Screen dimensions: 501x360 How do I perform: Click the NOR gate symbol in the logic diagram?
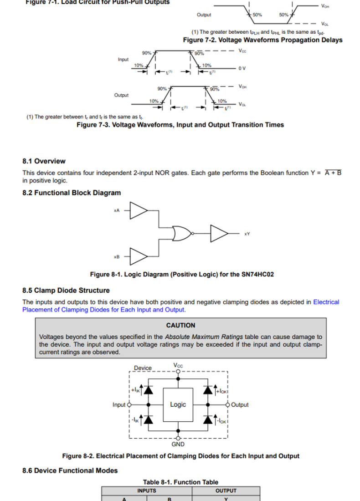(182, 233)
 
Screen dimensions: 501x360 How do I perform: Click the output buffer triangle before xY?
(219, 233)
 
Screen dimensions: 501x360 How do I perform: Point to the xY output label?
(247, 234)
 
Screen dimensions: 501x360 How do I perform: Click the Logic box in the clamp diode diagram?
(178, 404)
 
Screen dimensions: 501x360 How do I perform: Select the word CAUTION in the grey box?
(180, 325)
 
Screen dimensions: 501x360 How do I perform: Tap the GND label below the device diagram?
(178, 444)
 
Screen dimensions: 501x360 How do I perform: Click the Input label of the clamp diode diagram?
(119, 404)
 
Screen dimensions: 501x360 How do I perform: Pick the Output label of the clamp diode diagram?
(240, 404)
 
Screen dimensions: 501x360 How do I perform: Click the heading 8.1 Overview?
(44, 161)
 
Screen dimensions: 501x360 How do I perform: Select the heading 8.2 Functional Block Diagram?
(72, 193)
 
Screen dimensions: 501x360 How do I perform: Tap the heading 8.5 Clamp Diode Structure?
(66, 290)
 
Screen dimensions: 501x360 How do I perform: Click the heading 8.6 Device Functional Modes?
(70, 470)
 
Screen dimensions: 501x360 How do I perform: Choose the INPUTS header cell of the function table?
(146, 491)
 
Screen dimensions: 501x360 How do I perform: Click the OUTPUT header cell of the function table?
(226, 491)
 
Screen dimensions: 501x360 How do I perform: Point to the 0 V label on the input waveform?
(242, 68)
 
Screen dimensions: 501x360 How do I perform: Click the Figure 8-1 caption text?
(182, 274)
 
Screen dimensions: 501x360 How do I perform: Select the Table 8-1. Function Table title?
(180, 482)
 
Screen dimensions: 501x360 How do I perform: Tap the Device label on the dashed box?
(143, 368)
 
